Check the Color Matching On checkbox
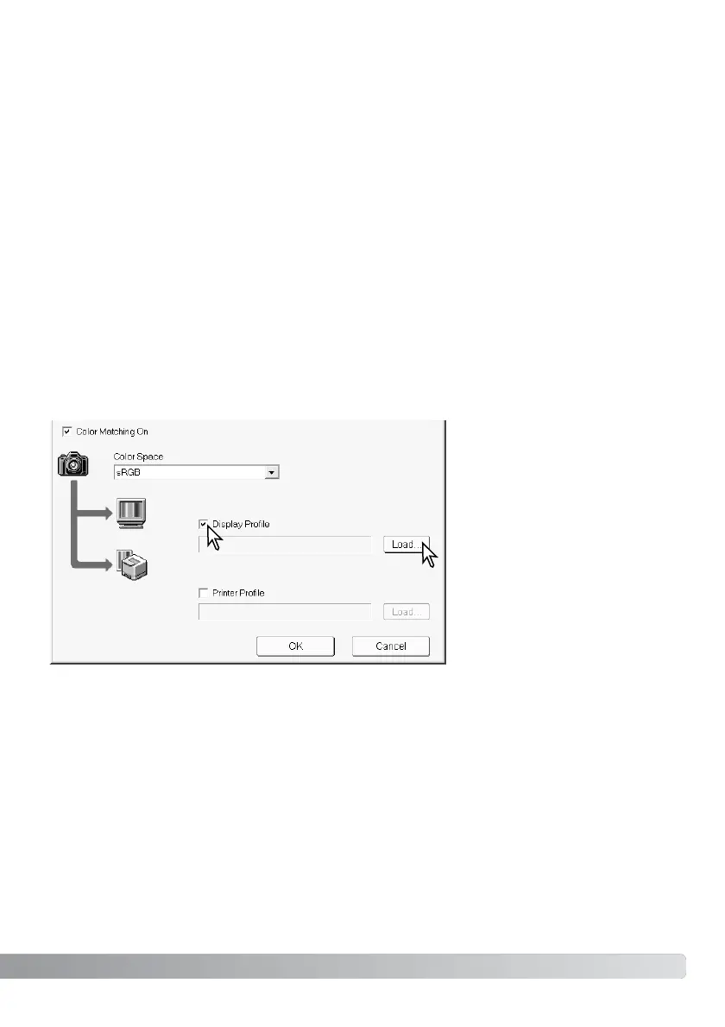point(66,431)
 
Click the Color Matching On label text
point(112,431)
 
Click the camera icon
point(74,464)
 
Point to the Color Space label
point(139,457)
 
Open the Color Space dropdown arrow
point(272,472)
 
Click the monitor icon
point(132,514)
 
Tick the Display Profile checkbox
point(203,524)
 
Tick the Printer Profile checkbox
point(203,593)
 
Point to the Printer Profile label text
point(243,593)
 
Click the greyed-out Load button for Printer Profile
point(406,611)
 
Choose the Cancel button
point(390,646)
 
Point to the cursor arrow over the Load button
point(429,553)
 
